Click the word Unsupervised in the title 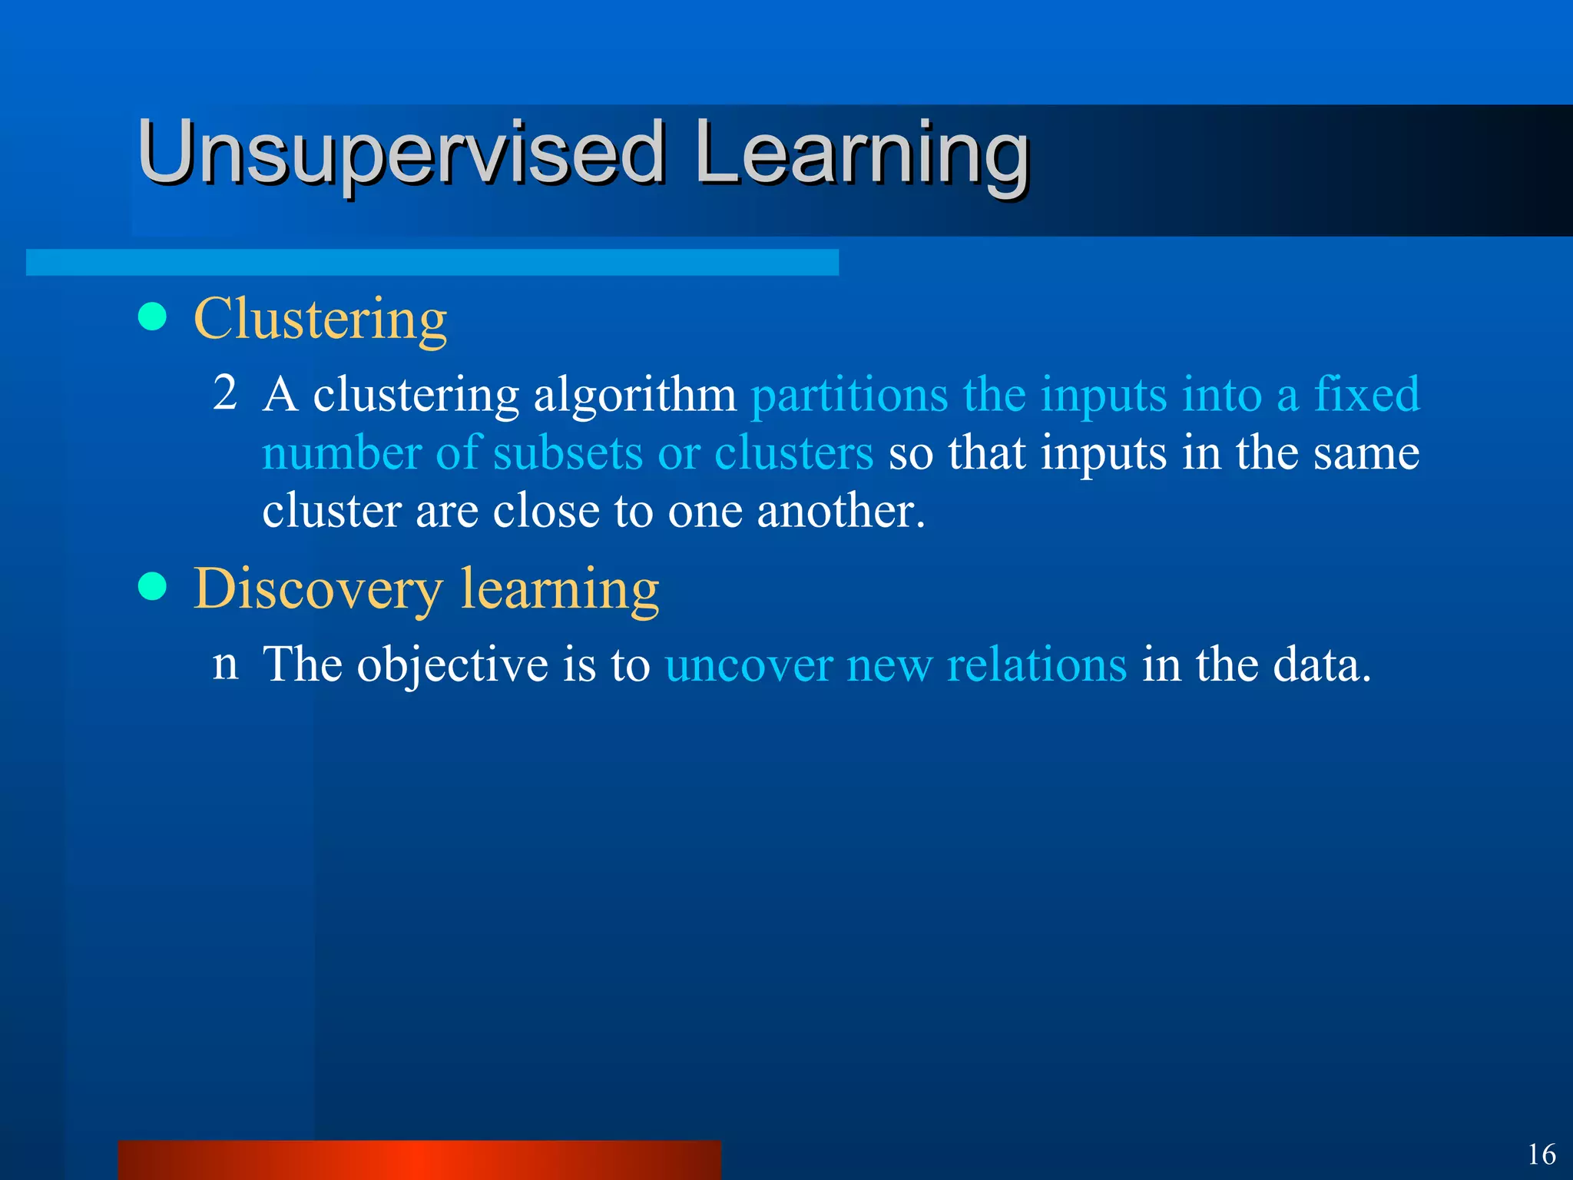click(399, 154)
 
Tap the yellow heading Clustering click(320, 319)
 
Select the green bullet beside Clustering click(153, 317)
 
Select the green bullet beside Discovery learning click(153, 587)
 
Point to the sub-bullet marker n click(225, 662)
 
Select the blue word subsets click(567, 453)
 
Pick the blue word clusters click(793, 453)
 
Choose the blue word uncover click(748, 665)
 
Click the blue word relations click(1036, 665)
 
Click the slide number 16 click(1541, 1155)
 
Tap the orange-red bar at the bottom click(419, 1160)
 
